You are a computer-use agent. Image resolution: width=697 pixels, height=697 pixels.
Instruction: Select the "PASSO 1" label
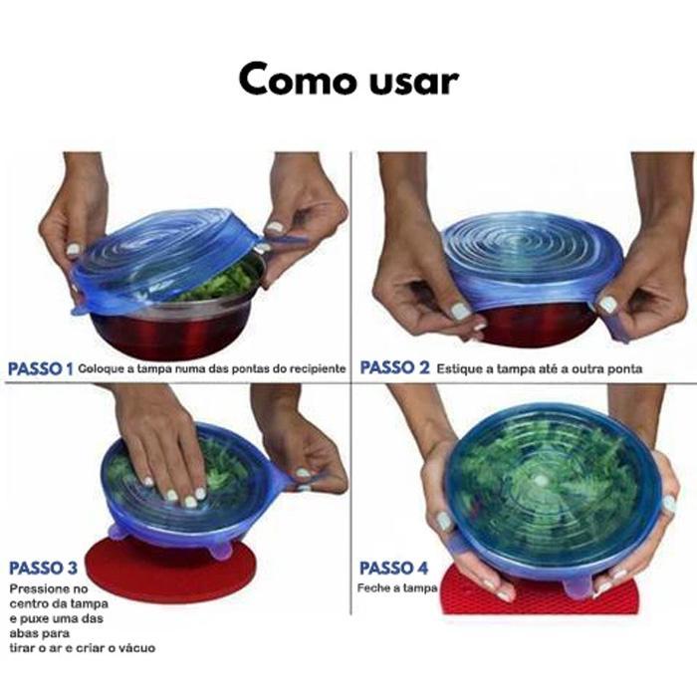point(41,369)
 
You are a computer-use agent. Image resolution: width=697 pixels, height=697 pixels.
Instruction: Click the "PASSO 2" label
point(394,368)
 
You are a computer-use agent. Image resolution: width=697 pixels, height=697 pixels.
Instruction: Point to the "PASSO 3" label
point(43,568)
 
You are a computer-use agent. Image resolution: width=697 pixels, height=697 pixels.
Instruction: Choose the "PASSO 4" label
point(393,568)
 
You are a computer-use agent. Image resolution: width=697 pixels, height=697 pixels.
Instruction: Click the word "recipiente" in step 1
point(318,369)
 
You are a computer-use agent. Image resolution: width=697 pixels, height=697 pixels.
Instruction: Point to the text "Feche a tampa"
point(397,588)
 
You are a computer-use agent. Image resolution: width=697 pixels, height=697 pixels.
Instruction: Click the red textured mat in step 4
point(540,595)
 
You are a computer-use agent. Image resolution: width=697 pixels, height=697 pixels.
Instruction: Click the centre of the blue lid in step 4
point(540,480)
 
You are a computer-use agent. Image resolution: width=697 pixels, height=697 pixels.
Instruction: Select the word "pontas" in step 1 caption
point(249,369)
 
